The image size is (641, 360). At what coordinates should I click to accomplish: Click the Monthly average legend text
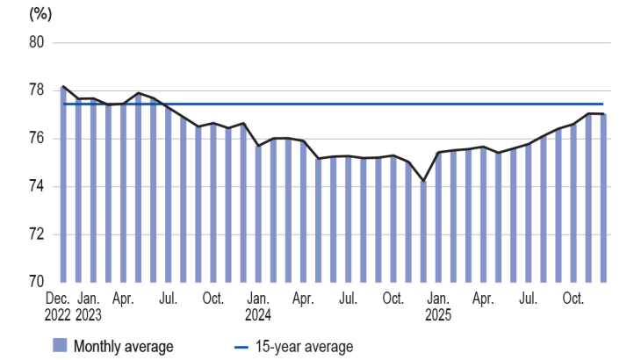click(x=124, y=346)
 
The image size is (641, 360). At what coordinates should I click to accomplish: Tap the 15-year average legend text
click(x=304, y=346)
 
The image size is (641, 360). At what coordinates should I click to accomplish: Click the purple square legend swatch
click(x=60, y=346)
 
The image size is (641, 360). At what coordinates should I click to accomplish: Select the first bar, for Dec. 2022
click(x=64, y=184)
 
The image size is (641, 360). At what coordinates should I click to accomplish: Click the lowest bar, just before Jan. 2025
click(x=424, y=232)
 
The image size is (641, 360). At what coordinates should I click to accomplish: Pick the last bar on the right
click(x=603, y=198)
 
